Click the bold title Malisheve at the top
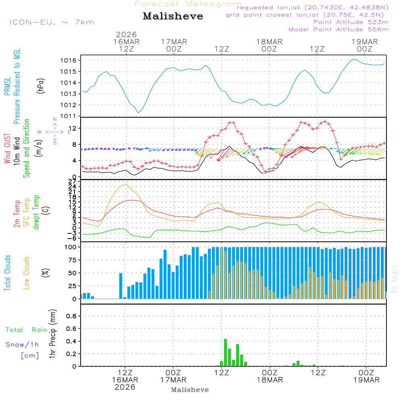173,17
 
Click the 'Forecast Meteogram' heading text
188,4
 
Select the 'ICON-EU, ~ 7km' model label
52,22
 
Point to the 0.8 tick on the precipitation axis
72,316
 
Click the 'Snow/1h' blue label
23,345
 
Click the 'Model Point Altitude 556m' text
339,29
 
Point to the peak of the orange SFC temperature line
127,184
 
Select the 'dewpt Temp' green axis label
36,212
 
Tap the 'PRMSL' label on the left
7,84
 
